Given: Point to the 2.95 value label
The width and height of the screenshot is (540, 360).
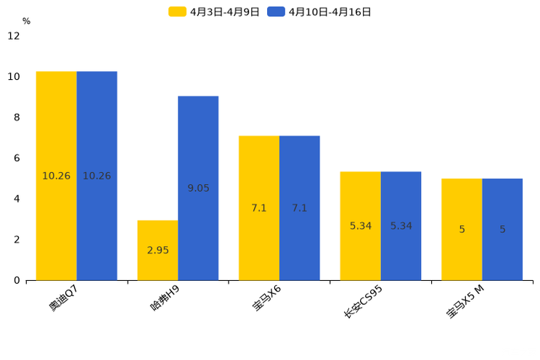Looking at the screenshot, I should point(157,250).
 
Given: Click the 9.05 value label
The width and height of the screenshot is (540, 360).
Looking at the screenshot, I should point(198,188).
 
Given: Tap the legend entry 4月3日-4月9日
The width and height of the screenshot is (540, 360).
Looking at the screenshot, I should point(214,12).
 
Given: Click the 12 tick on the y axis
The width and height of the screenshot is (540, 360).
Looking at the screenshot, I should point(14,36).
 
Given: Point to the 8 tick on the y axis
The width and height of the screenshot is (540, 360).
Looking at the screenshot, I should point(17,118).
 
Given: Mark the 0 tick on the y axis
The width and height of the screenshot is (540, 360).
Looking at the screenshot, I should point(17,280).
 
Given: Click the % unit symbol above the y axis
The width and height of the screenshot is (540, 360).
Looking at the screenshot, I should point(26,22).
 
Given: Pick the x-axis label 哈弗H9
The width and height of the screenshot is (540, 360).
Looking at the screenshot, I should point(165,298).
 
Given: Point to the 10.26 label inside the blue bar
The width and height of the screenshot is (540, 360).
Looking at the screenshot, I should point(97,176).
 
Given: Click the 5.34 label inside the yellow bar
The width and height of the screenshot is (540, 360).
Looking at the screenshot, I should point(360,226).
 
